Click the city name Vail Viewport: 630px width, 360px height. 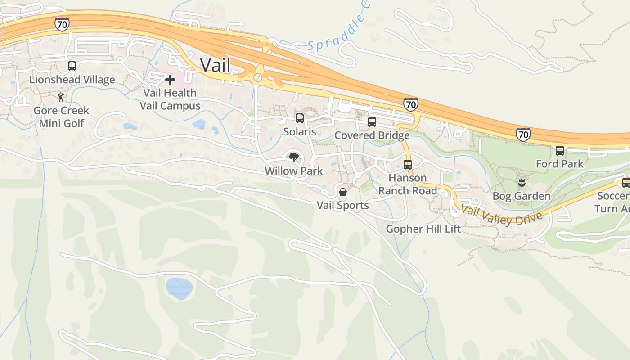(x=215, y=65)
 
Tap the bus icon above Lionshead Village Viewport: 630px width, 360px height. (x=72, y=66)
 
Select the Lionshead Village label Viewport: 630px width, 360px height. (x=72, y=80)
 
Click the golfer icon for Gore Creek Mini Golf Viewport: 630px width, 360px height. (x=61, y=97)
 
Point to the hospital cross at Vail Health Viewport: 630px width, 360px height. (x=170, y=80)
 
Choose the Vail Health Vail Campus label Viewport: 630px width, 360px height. (x=170, y=99)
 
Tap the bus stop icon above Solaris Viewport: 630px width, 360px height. (x=300, y=118)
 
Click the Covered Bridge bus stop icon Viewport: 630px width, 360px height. (x=372, y=122)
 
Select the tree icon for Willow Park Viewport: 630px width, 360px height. (x=294, y=157)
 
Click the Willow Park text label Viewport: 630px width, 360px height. (x=294, y=171)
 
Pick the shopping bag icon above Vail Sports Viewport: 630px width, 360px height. (x=343, y=192)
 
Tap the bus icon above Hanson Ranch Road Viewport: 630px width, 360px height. (x=408, y=165)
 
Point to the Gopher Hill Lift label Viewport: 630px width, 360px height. (x=423, y=229)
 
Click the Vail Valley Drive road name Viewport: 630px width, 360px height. (x=499, y=215)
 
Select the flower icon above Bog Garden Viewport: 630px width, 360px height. (x=522, y=183)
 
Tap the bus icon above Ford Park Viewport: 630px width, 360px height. (x=560, y=151)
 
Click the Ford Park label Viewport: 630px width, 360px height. (x=560, y=164)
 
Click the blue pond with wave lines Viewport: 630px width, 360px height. (x=179, y=288)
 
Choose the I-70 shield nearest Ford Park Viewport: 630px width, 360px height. (x=523, y=134)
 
